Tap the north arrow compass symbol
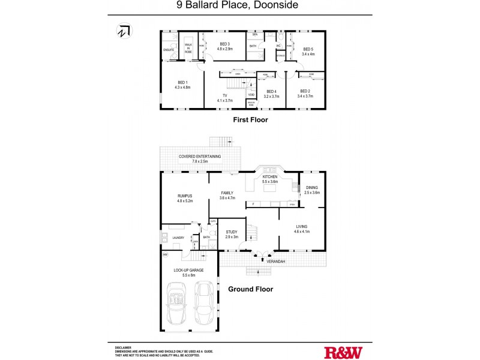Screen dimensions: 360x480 (124, 31)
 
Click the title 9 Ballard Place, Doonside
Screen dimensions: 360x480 (239, 5)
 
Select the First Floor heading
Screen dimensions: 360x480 (250, 120)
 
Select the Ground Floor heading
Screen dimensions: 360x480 (250, 289)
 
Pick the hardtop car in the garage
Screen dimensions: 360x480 (205, 304)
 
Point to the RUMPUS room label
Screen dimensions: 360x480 (184, 196)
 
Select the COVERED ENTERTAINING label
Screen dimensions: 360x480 (200, 157)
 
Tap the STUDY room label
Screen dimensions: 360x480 (232, 232)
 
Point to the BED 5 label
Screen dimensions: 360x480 (308, 49)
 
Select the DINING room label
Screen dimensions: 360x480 (312, 187)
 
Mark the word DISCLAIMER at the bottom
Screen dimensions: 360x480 (123, 347)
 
